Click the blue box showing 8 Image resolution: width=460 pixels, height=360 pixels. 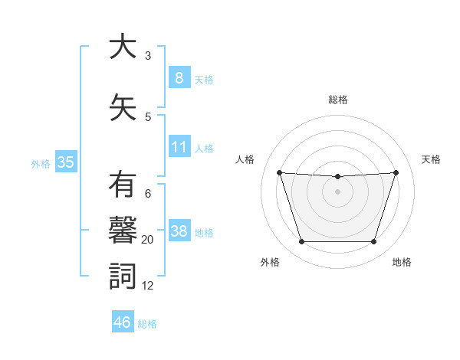click(x=179, y=78)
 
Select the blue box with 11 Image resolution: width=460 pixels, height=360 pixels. click(x=179, y=147)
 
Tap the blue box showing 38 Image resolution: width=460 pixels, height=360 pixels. click(x=179, y=231)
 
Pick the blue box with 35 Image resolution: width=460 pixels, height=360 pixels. click(x=65, y=162)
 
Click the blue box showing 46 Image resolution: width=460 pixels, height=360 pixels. click(x=123, y=322)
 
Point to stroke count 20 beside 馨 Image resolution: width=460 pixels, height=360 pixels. click(x=148, y=240)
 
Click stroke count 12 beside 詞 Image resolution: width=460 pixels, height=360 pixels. click(x=148, y=286)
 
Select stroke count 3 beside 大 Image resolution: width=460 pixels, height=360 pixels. click(x=148, y=56)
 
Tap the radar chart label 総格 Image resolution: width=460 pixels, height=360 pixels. click(x=337, y=100)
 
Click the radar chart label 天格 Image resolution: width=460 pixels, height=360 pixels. click(x=431, y=159)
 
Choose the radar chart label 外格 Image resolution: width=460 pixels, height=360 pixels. click(x=270, y=262)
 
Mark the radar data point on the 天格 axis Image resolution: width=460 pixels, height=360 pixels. click(x=396, y=172)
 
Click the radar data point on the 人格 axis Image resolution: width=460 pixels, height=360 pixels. click(x=279, y=172)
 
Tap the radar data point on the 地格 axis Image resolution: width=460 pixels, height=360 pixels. click(x=373, y=242)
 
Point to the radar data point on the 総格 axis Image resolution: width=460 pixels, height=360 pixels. click(x=337, y=177)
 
